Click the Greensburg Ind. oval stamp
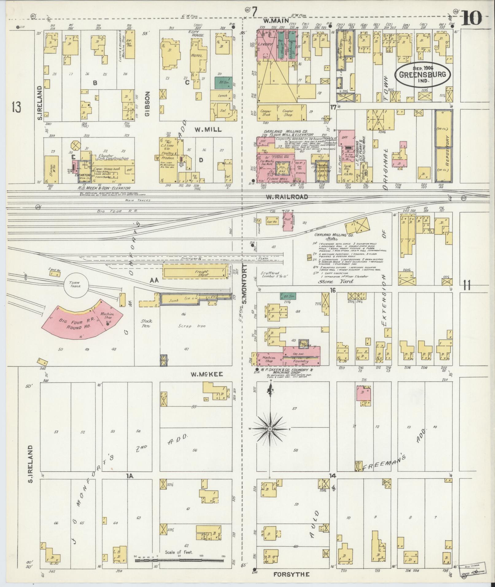click(423, 75)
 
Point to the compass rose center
click(270, 429)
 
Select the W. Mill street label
click(208, 129)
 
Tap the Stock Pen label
click(146, 323)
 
